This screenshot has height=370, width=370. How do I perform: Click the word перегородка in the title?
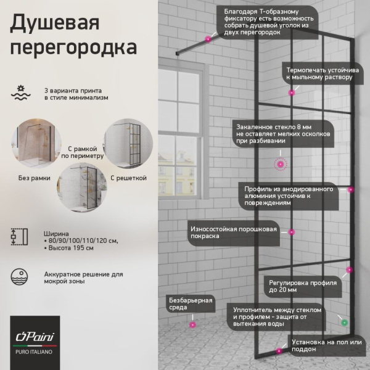click(x=73, y=47)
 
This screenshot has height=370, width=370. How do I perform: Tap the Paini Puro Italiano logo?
click(x=35, y=342)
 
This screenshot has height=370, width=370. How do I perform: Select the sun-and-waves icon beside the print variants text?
click(x=21, y=92)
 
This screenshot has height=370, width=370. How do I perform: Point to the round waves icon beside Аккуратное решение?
click(x=21, y=276)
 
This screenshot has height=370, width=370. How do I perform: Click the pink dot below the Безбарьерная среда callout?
click(x=192, y=324)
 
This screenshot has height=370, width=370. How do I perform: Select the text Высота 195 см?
click(x=70, y=248)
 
